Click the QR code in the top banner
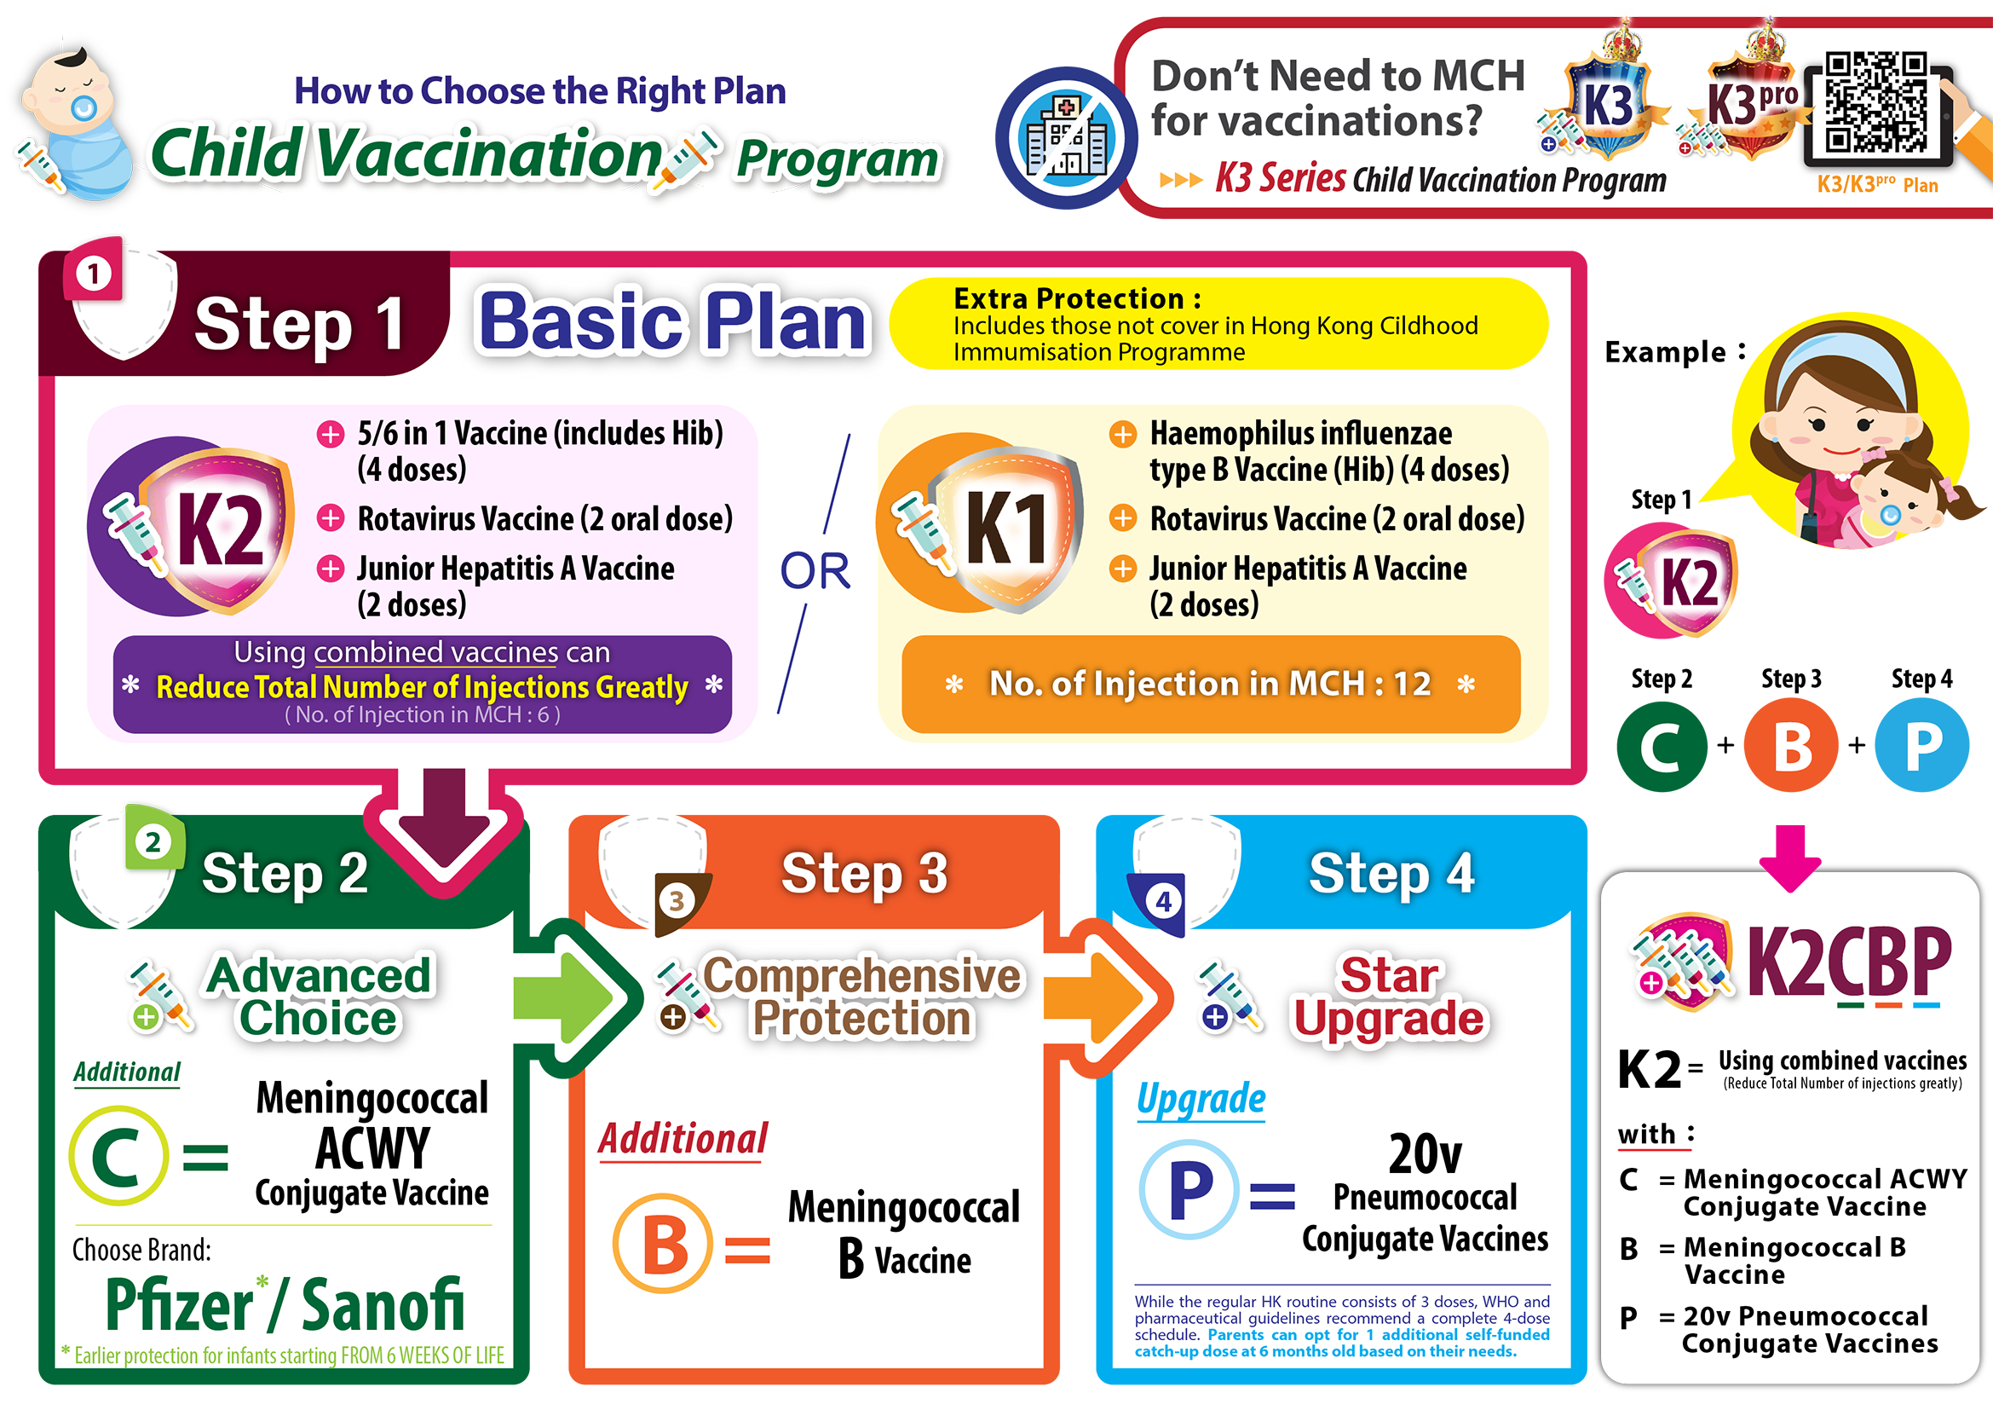(x=1875, y=102)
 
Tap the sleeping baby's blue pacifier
(x=84, y=107)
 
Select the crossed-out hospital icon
(x=1066, y=138)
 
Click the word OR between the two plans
(x=815, y=570)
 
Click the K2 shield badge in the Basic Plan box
(x=193, y=527)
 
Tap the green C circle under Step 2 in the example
(x=1662, y=746)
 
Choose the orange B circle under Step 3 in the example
(x=1792, y=746)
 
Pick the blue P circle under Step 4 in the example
(x=1921, y=746)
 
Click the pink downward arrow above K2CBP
(x=1790, y=858)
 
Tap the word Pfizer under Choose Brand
(x=178, y=1304)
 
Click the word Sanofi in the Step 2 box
(x=382, y=1304)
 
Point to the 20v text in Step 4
(x=1425, y=1154)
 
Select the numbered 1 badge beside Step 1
(x=93, y=272)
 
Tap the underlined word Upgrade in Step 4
(x=1201, y=1099)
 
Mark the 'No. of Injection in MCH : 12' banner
(x=1210, y=685)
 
